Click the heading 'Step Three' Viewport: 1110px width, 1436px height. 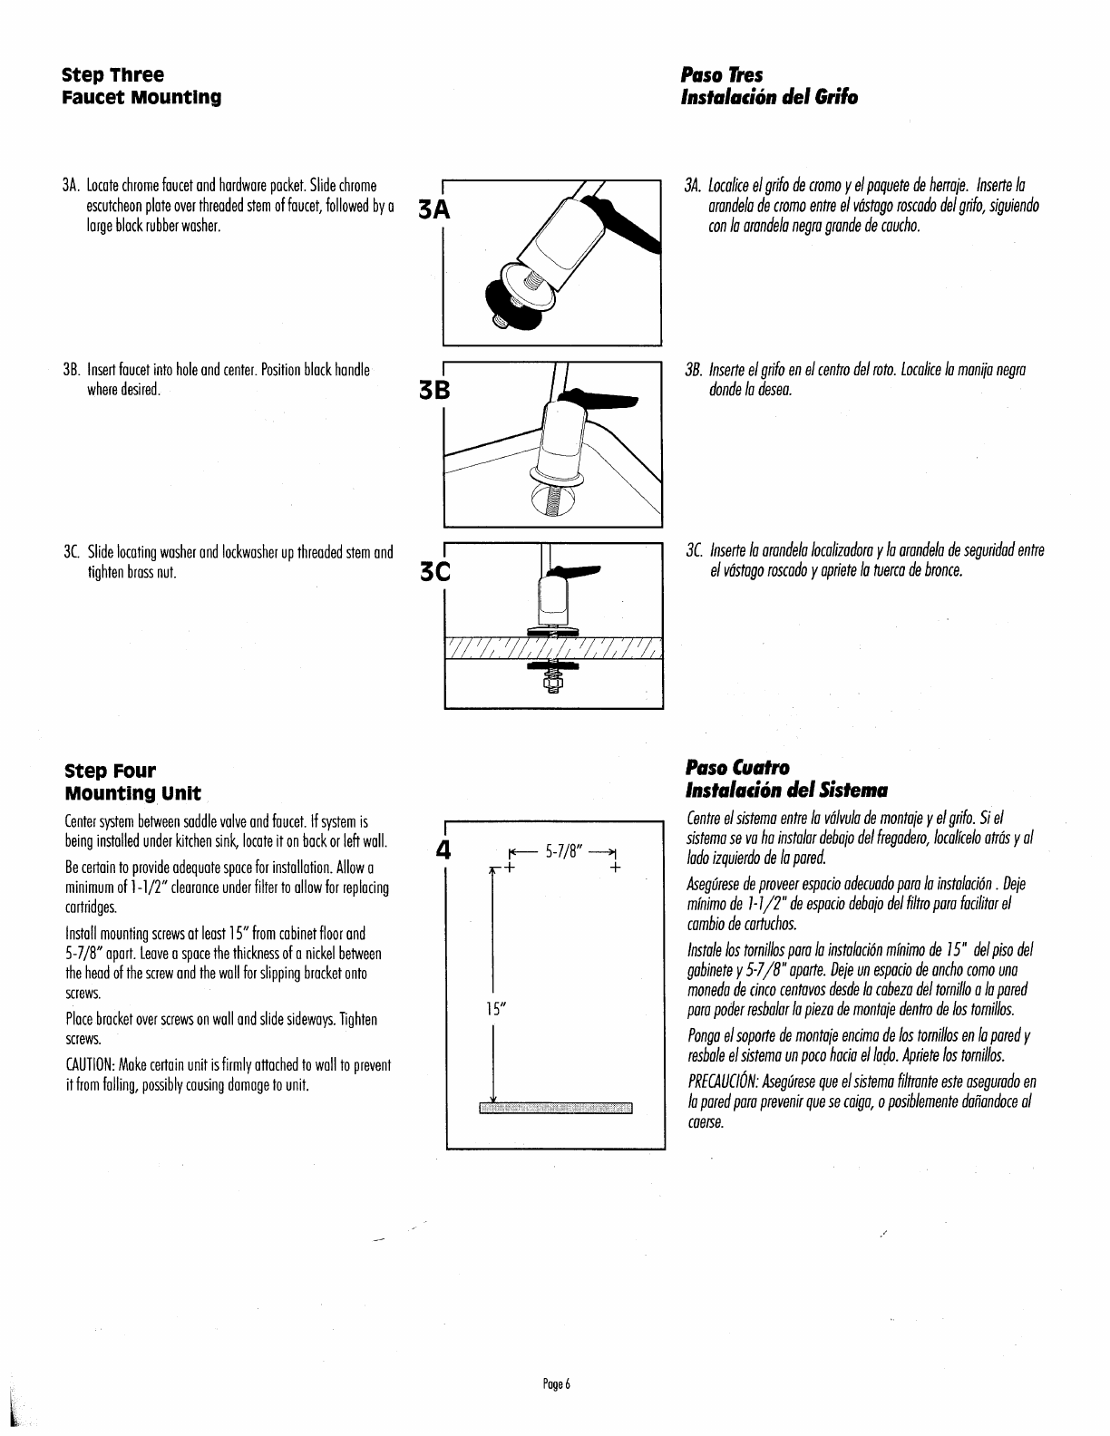[x=112, y=73]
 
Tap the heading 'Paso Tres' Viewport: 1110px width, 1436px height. [x=722, y=73]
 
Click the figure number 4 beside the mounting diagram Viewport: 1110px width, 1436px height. [x=443, y=853]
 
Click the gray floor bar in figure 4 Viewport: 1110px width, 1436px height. [x=555, y=1108]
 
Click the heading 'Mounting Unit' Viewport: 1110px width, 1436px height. [x=132, y=794]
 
